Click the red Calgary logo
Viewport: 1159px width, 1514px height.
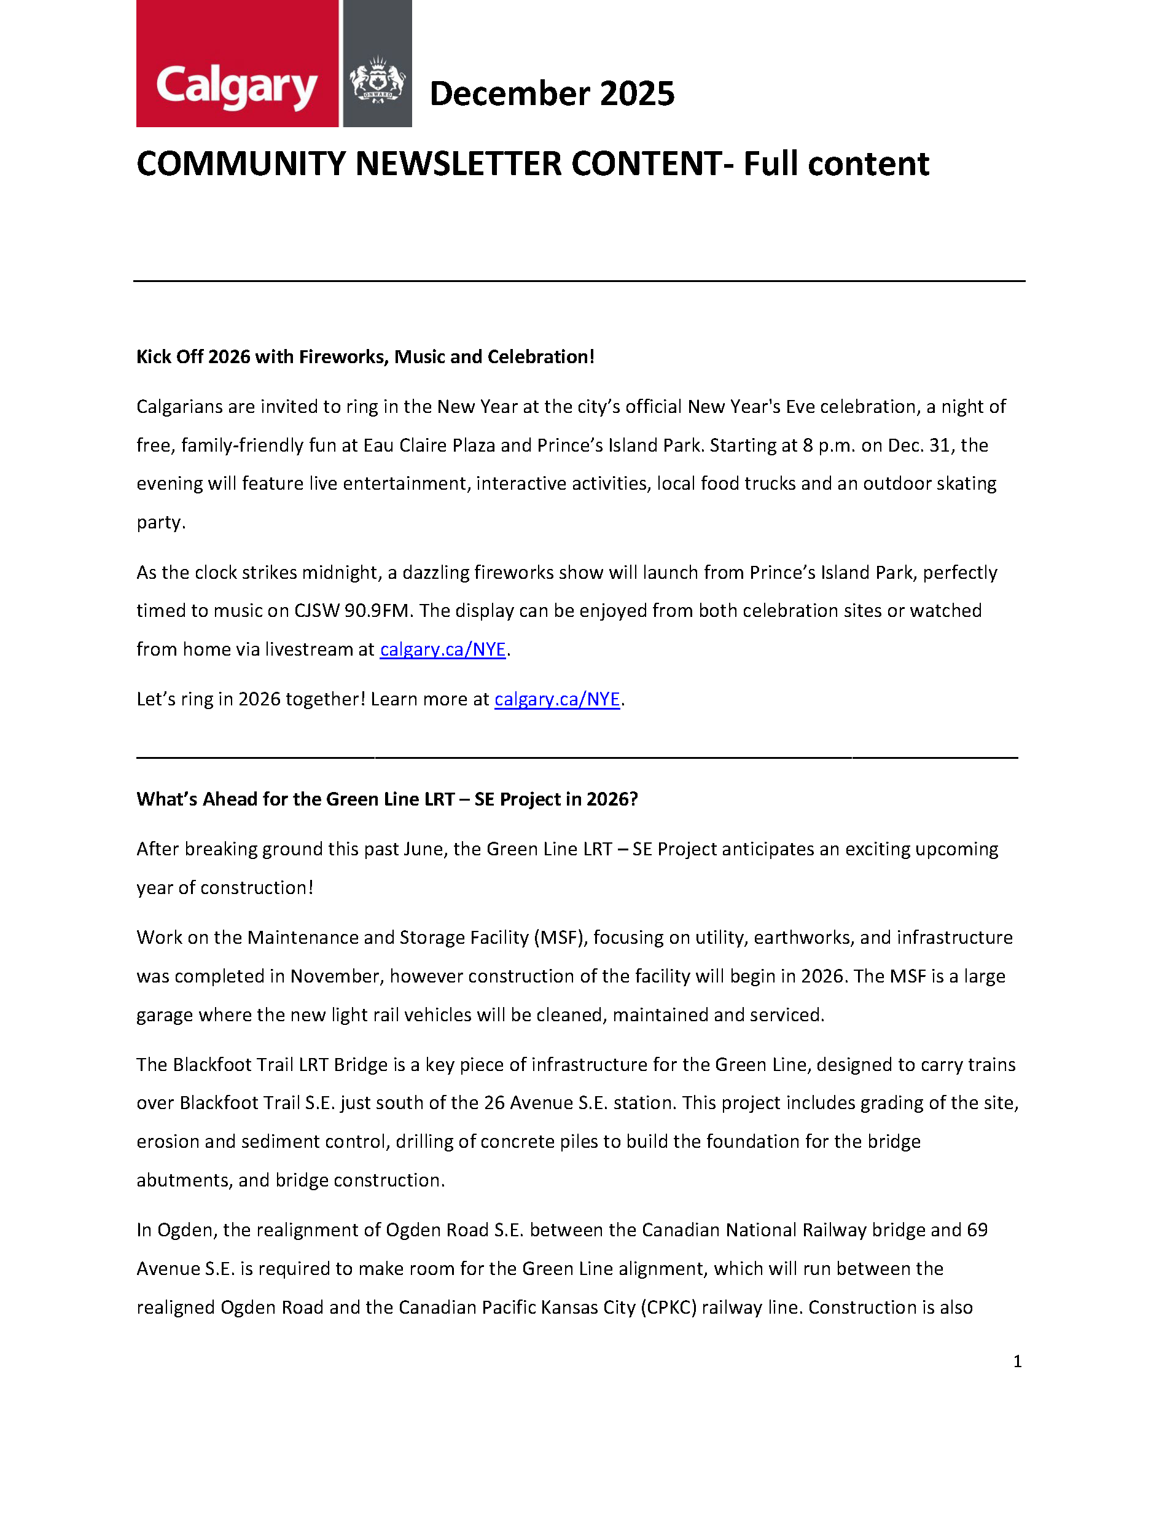pos(236,64)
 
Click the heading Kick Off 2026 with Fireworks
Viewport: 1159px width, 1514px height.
pos(365,357)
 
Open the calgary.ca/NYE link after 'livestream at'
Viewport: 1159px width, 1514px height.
pos(443,649)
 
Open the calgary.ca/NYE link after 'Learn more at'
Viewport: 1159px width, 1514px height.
pos(556,699)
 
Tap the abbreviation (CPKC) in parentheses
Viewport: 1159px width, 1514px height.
pos(668,1307)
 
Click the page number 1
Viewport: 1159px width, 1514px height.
pos(1017,1362)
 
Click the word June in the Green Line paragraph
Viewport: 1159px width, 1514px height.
pos(424,849)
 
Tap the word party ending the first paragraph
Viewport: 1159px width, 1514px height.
pos(160,522)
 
